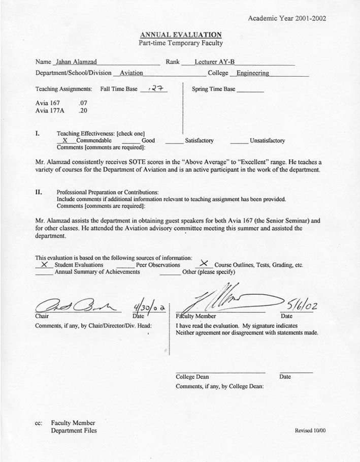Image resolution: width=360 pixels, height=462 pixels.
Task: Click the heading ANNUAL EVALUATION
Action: click(181, 35)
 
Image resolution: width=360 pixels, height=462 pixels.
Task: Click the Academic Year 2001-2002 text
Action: click(287, 18)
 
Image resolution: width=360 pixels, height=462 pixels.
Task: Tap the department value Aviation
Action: click(131, 73)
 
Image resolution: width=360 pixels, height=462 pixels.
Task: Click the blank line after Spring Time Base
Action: click(250, 90)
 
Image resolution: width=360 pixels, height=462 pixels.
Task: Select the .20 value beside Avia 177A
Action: click(83, 110)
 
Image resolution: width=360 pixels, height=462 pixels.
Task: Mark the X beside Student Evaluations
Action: click(44, 264)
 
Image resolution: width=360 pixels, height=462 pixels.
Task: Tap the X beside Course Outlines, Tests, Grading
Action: click(204, 264)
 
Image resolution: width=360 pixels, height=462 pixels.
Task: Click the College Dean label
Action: click(192, 377)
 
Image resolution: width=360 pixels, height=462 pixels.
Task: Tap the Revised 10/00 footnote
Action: click(310, 430)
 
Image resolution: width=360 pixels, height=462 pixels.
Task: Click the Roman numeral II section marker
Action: click(39, 193)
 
